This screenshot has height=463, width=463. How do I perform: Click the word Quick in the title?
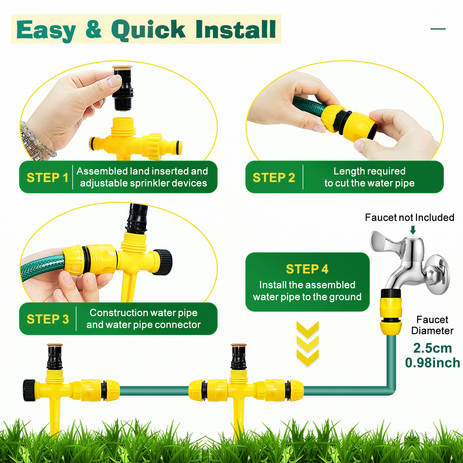pyautogui.click(x=148, y=30)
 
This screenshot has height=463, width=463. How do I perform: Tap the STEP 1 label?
pyautogui.click(x=47, y=177)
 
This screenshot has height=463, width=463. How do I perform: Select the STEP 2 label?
pyautogui.click(x=274, y=177)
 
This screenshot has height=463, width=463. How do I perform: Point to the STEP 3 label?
pyautogui.click(x=48, y=319)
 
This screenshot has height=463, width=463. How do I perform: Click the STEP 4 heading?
pyautogui.click(x=307, y=269)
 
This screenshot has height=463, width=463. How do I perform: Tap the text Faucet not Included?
pyautogui.click(x=409, y=217)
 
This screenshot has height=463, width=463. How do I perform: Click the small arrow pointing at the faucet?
pyautogui.click(x=413, y=230)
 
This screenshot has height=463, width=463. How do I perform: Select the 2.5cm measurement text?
pyautogui.click(x=432, y=348)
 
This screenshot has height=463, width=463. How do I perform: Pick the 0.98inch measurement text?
pyautogui.click(x=432, y=363)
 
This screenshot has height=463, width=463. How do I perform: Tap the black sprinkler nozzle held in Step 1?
pyautogui.click(x=123, y=88)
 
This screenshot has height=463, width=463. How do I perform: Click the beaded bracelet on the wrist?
pyautogui.click(x=35, y=142)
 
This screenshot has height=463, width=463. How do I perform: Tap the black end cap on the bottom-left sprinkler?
pyautogui.click(x=29, y=390)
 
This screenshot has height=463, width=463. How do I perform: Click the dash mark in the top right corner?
pyautogui.click(x=438, y=29)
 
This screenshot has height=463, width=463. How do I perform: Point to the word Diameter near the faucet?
pyautogui.click(x=432, y=331)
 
